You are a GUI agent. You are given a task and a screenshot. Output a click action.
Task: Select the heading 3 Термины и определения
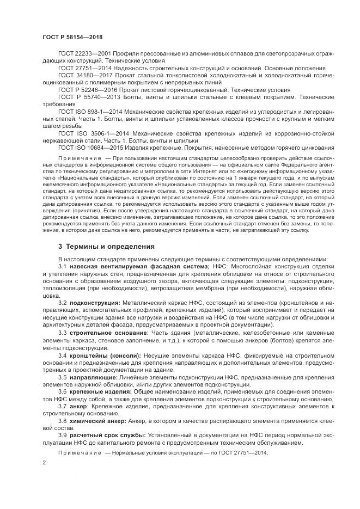click(x=99, y=246)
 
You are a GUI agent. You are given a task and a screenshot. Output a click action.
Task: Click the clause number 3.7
click(x=62, y=406)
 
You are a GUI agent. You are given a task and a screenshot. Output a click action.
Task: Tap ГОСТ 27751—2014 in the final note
click(x=244, y=452)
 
